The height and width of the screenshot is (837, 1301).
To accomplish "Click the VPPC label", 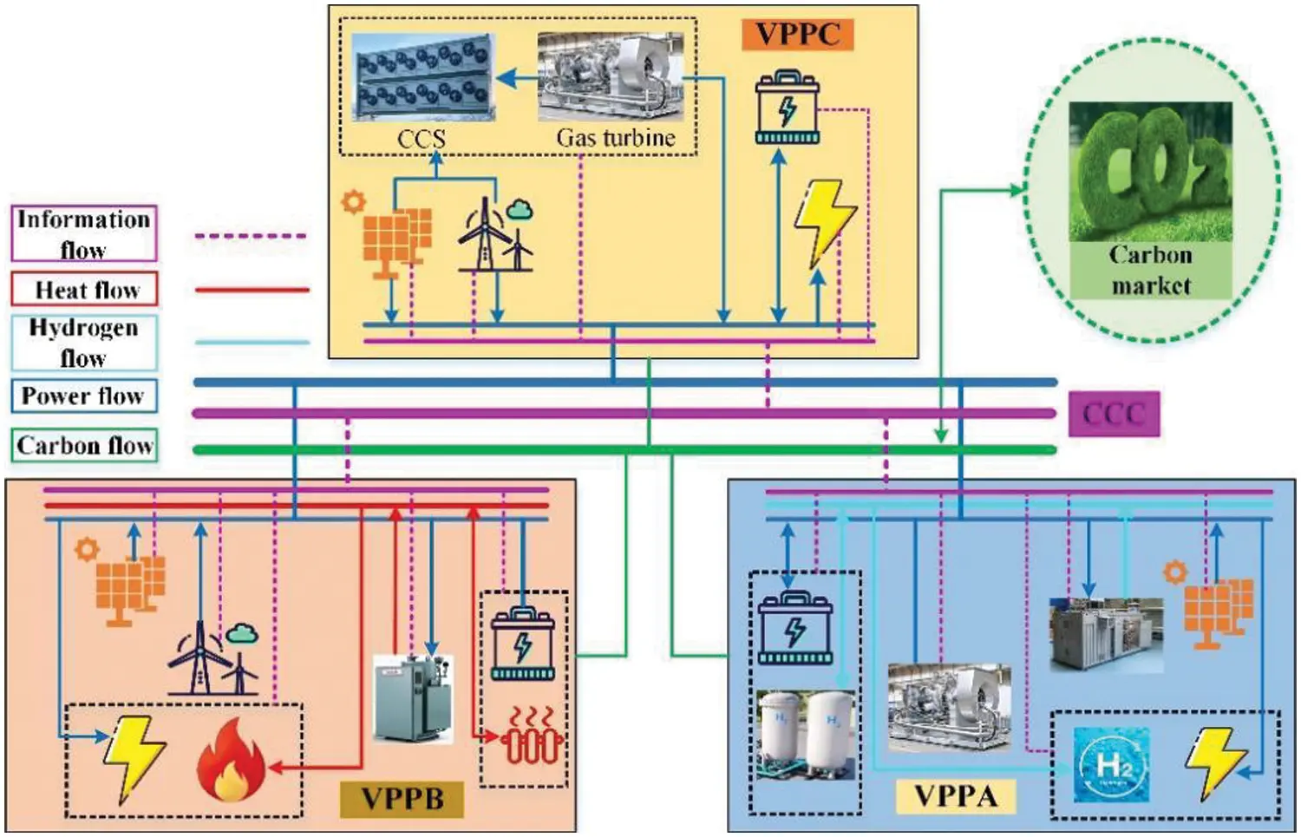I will [x=798, y=34].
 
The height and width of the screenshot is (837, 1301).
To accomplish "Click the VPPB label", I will [x=402, y=797].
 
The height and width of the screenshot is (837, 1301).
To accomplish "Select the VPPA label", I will [x=956, y=794].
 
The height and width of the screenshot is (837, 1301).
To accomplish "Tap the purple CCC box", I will [x=1114, y=414].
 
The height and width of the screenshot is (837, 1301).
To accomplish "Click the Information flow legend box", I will [x=84, y=233].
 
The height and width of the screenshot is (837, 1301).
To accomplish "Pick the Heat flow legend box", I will [x=85, y=290].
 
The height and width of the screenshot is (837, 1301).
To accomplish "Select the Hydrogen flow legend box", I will [x=84, y=343].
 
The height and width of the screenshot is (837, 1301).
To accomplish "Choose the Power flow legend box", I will [x=84, y=396].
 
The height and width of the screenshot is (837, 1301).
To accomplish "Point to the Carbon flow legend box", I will [x=84, y=445].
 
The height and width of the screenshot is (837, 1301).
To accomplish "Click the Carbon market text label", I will [x=1151, y=270].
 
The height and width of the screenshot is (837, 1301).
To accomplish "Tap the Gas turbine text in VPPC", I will [x=616, y=138].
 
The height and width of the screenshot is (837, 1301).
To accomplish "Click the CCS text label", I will [x=422, y=139].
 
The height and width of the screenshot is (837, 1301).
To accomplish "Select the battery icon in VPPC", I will [x=788, y=109].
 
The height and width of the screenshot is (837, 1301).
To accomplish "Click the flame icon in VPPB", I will [x=231, y=761].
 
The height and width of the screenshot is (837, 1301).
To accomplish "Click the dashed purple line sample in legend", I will [x=251, y=235].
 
